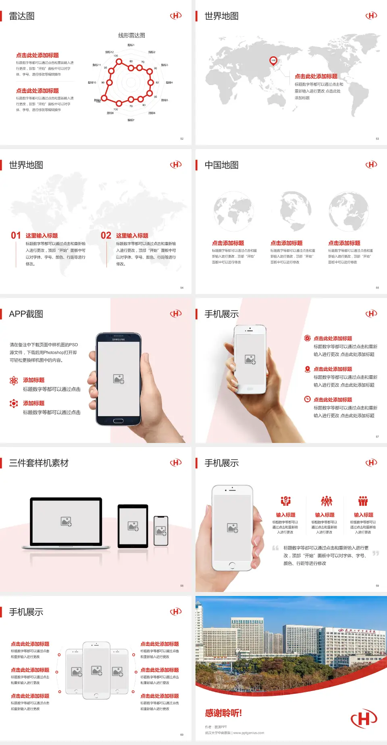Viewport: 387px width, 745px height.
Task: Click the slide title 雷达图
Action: pos(22,16)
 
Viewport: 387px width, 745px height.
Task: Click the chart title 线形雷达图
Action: pos(131,35)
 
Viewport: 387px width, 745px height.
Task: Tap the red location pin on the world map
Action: pos(273,61)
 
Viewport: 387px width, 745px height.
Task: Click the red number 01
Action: pos(16,235)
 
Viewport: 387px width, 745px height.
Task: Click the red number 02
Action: pos(106,235)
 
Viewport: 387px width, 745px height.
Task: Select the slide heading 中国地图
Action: pos(221,165)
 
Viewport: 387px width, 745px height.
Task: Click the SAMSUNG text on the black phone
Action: pos(119,339)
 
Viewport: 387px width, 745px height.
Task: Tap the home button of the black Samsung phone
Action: pos(118,421)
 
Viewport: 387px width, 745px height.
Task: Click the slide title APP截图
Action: pos(26,314)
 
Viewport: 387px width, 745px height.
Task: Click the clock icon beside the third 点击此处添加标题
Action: pos(307,399)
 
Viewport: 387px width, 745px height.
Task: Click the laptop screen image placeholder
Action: pos(66,521)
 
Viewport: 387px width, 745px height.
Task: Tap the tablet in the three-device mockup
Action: pos(133,526)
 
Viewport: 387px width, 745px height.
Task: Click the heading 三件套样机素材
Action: pos(39,463)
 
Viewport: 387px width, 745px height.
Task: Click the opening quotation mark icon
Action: pos(275,548)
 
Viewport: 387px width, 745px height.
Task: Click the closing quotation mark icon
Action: pos(375,553)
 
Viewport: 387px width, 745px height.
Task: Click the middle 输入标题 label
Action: pos(325,515)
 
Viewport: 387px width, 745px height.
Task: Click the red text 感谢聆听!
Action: pos(223,713)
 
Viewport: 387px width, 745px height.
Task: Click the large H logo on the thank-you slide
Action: pos(364,718)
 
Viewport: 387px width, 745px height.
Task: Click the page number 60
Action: pos(182,735)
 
